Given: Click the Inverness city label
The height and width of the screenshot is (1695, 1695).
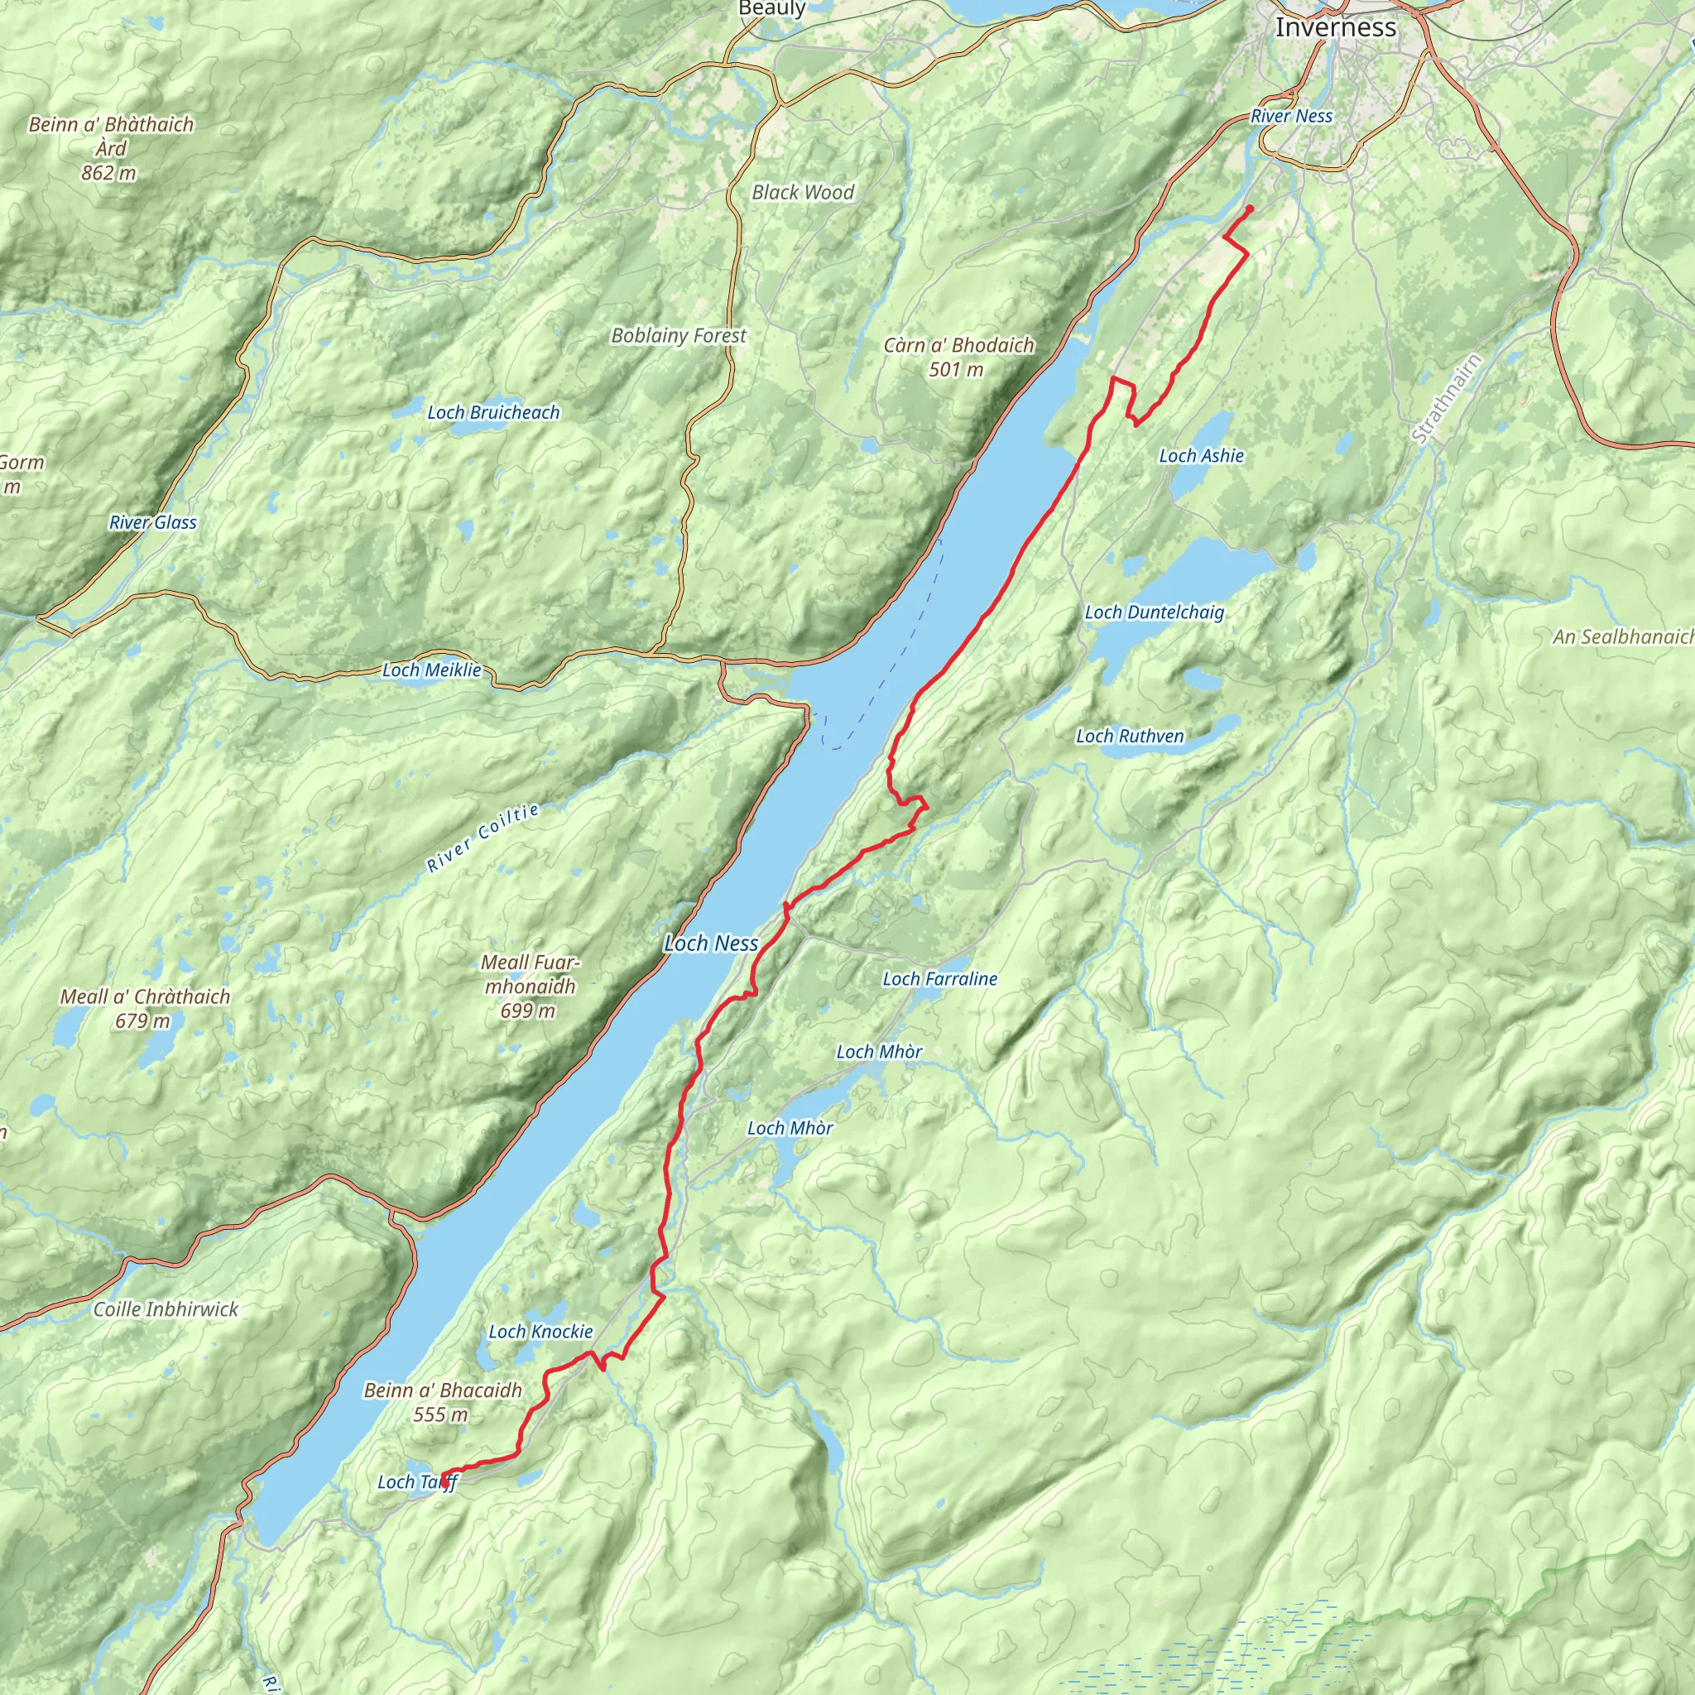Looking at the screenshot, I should [1335, 27].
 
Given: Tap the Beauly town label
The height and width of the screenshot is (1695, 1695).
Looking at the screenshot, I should [772, 9].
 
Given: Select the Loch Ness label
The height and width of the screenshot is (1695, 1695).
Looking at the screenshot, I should [711, 944].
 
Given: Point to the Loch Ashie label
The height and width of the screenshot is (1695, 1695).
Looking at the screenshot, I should [1201, 455].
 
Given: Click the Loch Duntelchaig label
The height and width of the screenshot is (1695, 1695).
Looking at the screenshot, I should [1154, 612].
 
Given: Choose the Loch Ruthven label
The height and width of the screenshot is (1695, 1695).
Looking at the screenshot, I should [1130, 736].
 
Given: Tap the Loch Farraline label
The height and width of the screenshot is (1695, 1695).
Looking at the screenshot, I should [939, 979].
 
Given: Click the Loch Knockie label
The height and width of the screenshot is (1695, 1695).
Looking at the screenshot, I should [540, 1332].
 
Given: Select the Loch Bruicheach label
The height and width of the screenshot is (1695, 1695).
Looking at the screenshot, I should [493, 412].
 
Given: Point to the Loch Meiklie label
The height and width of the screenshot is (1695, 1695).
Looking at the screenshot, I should [432, 670].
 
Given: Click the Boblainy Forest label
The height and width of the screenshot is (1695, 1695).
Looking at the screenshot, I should [678, 335].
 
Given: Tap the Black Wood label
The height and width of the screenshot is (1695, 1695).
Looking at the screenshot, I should [803, 192].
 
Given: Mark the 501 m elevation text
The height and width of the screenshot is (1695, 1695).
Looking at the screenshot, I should [955, 369].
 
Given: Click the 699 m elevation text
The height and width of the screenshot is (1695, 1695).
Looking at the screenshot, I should [527, 1011].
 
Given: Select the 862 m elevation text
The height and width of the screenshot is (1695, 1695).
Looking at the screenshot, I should [108, 173].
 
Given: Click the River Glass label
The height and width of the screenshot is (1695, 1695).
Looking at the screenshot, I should [152, 523].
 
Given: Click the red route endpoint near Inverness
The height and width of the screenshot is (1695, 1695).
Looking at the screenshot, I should [1249, 208].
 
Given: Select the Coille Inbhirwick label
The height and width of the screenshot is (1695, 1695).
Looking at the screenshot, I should [166, 1309].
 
